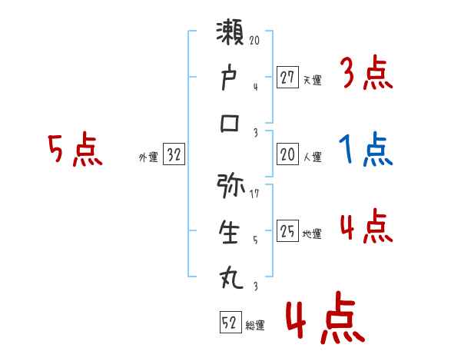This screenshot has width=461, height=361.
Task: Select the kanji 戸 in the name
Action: point(231,78)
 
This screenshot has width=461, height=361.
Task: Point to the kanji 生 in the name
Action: point(231,232)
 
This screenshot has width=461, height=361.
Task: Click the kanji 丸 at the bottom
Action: point(231,277)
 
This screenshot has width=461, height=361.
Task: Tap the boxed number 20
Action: point(287,154)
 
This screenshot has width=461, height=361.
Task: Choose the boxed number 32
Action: point(174,154)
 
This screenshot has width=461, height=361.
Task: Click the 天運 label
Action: point(312,79)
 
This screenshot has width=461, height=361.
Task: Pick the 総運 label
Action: point(255,325)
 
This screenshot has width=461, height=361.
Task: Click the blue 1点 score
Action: point(365,150)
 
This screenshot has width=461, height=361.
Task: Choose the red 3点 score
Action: point(366,74)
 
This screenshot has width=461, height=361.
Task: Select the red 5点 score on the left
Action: point(75,151)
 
